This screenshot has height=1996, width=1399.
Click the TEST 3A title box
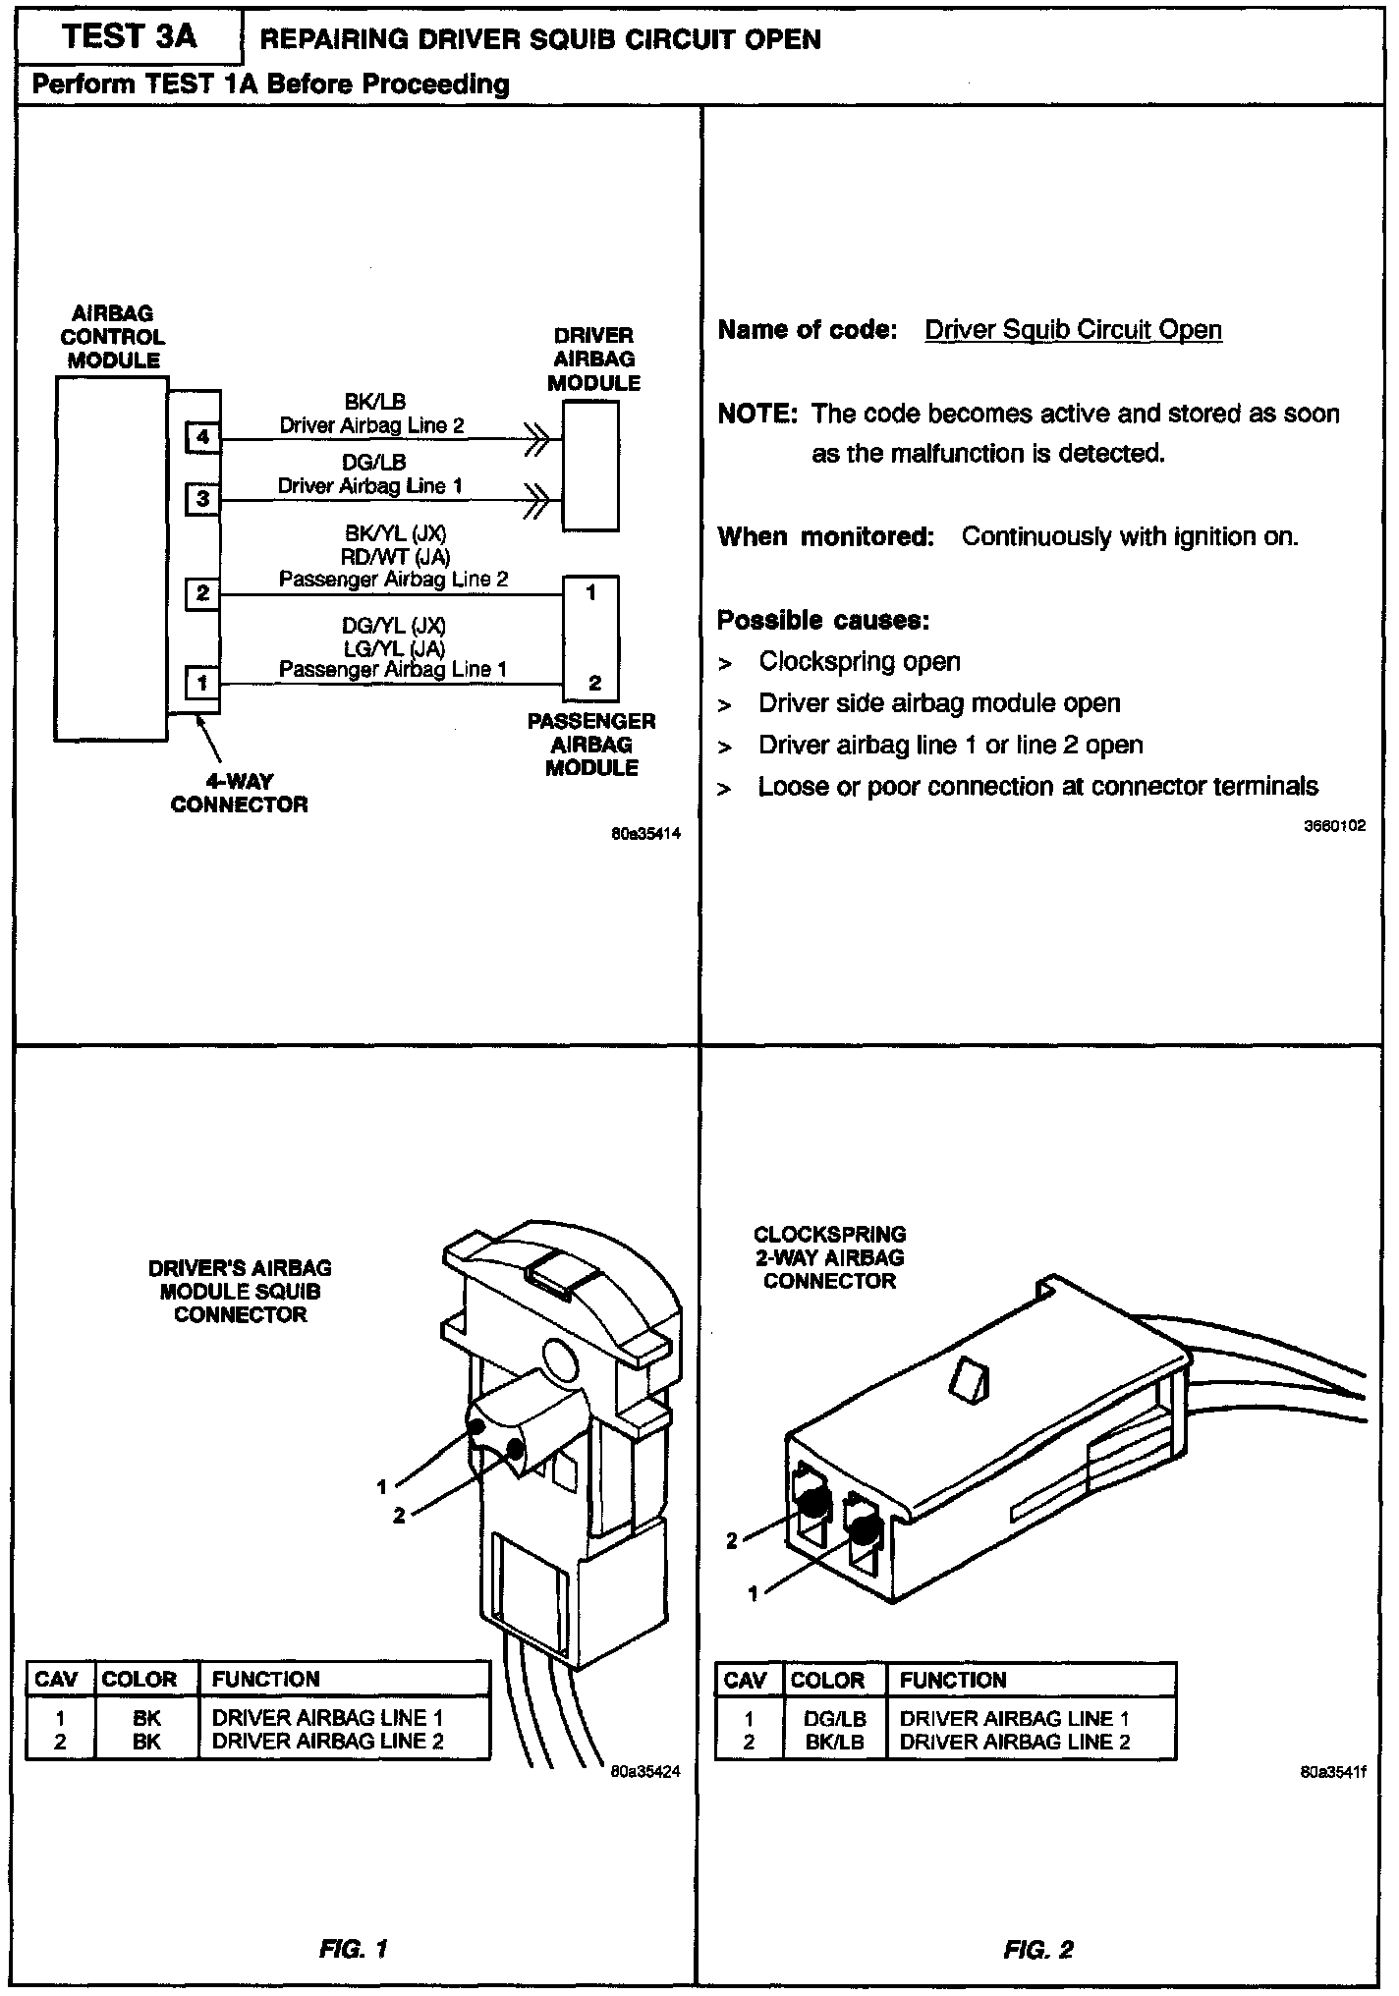click(129, 38)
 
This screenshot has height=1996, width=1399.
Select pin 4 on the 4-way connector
click(202, 436)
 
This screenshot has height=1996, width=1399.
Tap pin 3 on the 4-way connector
click(202, 498)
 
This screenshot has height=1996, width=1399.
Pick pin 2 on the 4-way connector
click(202, 592)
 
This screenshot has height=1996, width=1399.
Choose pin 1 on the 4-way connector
click(202, 681)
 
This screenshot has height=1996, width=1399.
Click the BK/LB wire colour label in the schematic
click(374, 402)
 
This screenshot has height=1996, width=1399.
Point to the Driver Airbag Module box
click(590, 466)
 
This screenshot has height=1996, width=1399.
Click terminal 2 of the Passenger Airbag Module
click(594, 683)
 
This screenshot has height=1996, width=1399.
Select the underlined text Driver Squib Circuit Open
click(1073, 330)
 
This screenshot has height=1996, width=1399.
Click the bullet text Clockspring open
click(860, 662)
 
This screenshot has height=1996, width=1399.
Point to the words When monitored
click(825, 537)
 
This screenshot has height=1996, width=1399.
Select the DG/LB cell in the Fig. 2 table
click(834, 1719)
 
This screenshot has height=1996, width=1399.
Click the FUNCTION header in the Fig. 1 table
click(266, 1679)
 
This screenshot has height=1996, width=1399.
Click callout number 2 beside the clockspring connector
click(731, 1540)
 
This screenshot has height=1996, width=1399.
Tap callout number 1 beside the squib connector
click(382, 1486)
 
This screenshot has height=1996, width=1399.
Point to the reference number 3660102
click(1334, 826)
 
